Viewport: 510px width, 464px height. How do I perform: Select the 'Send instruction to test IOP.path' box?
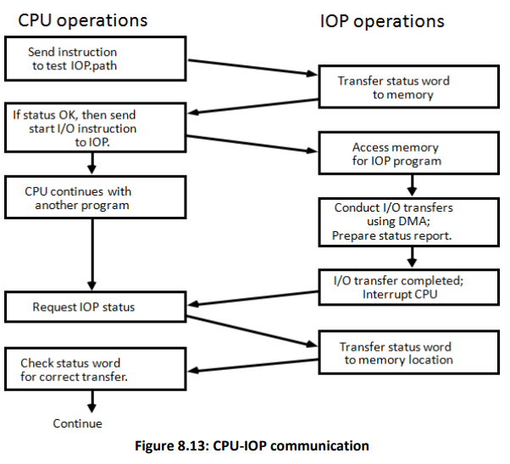point(96,58)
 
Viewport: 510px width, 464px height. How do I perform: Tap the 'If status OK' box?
point(96,126)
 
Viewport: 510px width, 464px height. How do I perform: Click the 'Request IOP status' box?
point(96,307)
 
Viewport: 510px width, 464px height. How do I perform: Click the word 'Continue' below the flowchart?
point(77,423)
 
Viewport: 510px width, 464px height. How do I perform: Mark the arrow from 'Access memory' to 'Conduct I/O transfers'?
point(411,185)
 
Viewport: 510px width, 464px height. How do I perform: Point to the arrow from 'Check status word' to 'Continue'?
point(91,403)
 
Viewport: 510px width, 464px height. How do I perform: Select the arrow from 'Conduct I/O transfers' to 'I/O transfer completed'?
point(411,255)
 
